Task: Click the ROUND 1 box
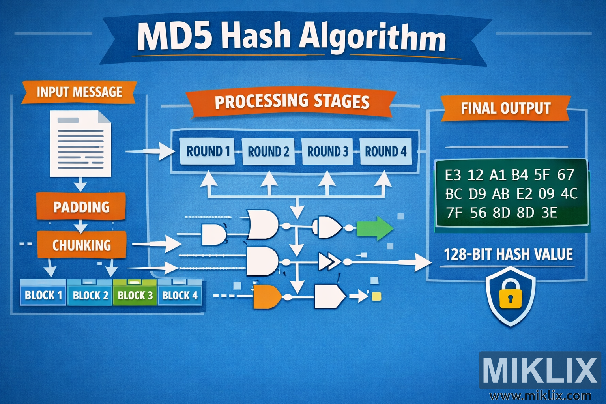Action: pos(207,151)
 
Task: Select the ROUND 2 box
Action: pos(268,151)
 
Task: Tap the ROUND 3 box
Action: pos(327,151)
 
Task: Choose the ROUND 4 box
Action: pos(385,151)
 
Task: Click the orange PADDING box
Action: pos(81,207)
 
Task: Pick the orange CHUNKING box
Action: pos(82,245)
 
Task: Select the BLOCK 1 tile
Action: pos(43,295)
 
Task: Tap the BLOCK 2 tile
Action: pos(90,295)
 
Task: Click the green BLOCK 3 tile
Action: pos(135,295)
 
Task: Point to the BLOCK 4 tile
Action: pos(180,295)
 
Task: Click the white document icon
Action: pos(80,144)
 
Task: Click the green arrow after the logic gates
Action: pos(374,228)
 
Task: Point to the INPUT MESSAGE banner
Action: pos(79,92)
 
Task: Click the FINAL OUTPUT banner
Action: pos(505,108)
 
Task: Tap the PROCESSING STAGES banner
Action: pos(292,101)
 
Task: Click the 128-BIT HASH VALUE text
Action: pos(508,254)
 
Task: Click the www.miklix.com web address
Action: pos(540,395)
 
